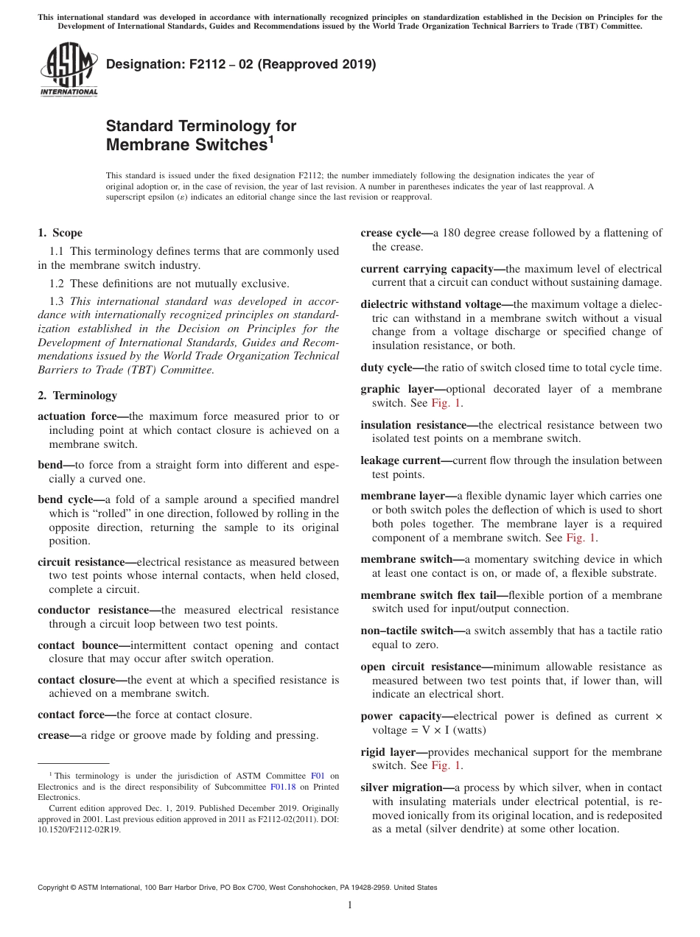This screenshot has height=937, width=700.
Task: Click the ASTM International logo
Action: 69,71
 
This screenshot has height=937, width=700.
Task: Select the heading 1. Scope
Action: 60,233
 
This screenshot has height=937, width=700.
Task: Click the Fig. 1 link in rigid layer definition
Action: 447,766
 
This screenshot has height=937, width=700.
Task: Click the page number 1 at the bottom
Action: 350,905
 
